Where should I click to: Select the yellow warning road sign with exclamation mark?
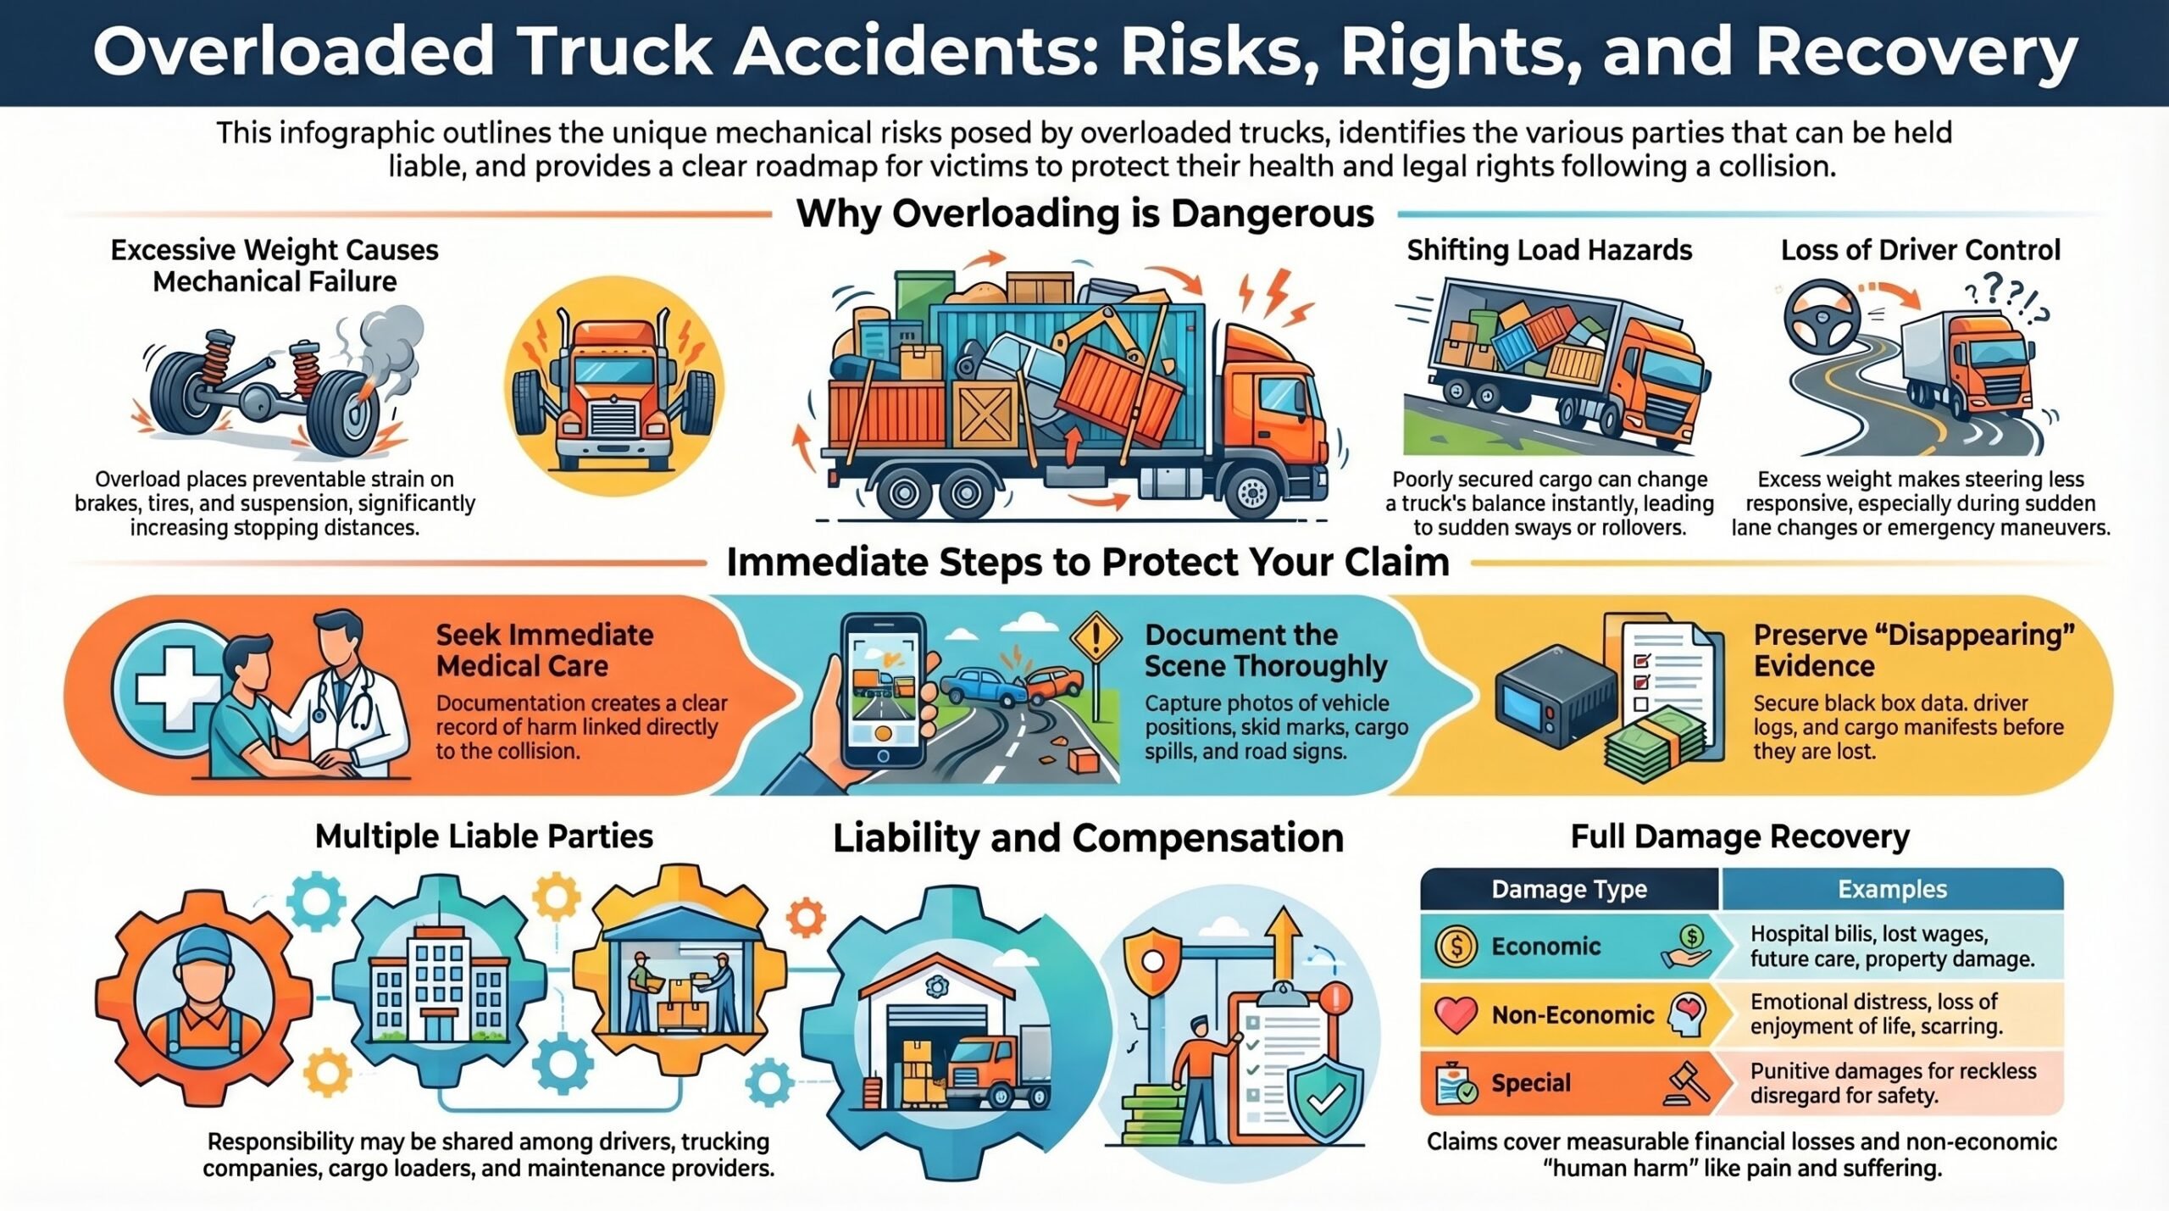click(1096, 639)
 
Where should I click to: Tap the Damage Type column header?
click(1569, 889)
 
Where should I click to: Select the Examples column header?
click(1892, 889)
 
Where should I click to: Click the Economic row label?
click(1545, 946)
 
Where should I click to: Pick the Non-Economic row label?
click(1573, 1014)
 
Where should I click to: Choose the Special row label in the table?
click(1531, 1082)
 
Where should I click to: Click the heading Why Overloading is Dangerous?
click(1084, 214)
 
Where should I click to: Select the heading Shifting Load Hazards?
click(1549, 250)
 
